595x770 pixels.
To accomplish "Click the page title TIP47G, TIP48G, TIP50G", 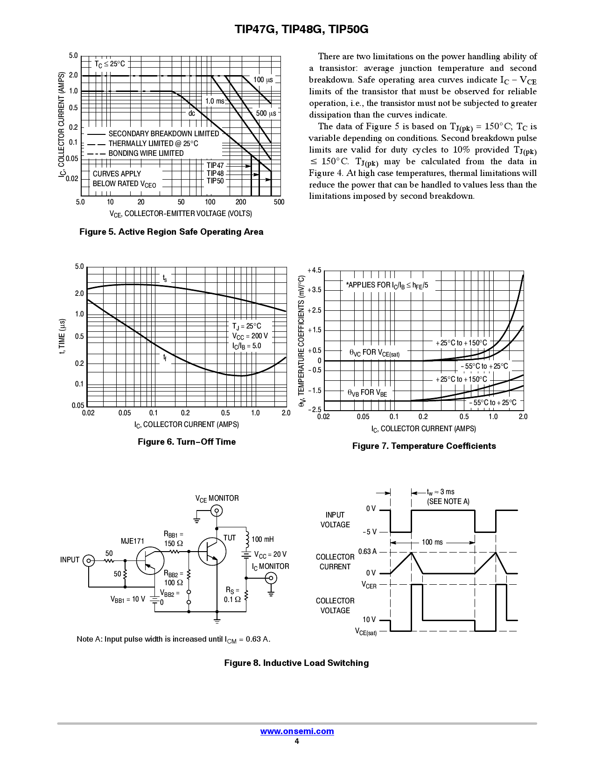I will pos(301,29).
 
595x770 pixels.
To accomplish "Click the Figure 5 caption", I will pos(171,232).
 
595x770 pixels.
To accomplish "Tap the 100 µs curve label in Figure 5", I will pos(263,80).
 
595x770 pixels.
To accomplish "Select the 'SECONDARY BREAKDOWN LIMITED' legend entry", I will pos(163,133).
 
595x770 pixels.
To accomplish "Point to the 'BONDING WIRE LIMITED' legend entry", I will pos(146,153).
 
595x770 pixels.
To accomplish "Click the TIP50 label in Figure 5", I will pos(215,181).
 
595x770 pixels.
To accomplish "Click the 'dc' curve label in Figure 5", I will pos(192,113).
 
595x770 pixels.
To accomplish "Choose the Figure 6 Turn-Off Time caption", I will pos(187,442).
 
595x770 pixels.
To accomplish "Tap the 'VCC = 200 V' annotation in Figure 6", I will pos(250,336).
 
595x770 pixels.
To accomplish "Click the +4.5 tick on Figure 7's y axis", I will pos(315,271).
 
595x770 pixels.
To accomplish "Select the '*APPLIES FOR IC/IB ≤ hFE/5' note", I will pos(387,285).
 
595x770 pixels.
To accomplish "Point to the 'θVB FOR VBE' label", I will pos(367,393).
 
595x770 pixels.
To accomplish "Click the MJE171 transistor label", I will pos(133,541).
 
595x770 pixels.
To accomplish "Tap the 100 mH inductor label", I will pos(263,539).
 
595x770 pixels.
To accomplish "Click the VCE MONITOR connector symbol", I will pos(217,511).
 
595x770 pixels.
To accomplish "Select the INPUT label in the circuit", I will pos(70,560).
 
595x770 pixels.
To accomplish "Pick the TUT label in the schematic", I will pos(230,538).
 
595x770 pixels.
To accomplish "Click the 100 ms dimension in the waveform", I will pos(432,542).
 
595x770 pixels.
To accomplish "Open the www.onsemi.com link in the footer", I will pos(297,731).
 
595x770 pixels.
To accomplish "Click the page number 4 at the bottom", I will pos(297,742).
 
